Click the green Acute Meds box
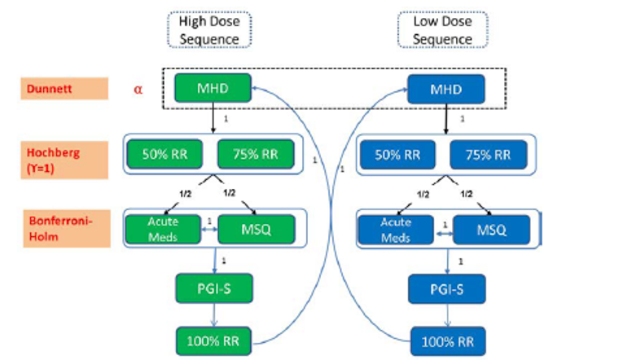click(x=163, y=230)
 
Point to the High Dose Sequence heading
click(x=209, y=29)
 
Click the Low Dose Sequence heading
click(x=442, y=29)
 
